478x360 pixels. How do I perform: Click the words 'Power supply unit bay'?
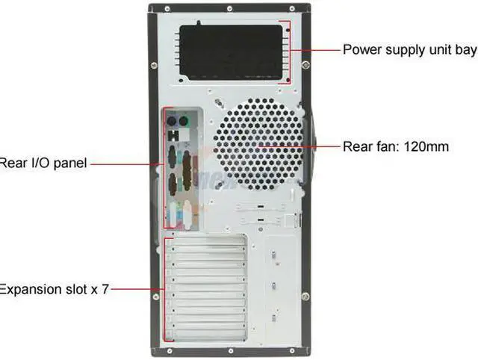(x=409, y=50)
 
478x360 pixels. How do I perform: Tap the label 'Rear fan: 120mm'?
(x=396, y=146)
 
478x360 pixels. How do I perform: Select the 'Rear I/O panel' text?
(x=43, y=163)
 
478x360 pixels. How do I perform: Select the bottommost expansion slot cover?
(x=206, y=333)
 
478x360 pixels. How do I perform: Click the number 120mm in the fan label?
(x=426, y=146)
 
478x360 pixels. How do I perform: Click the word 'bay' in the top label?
(x=465, y=51)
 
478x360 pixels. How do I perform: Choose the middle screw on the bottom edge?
(x=227, y=353)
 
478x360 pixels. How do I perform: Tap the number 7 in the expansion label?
(x=105, y=288)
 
